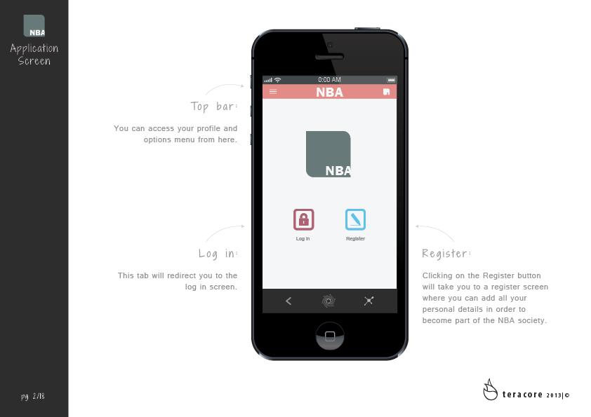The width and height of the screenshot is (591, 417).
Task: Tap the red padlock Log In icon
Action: [x=303, y=219]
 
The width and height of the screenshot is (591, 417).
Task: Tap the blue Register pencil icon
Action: [x=355, y=219]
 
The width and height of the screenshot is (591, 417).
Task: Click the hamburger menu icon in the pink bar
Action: [x=273, y=91]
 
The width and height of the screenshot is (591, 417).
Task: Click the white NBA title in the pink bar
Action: [x=329, y=93]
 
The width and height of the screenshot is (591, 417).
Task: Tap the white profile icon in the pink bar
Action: [x=386, y=92]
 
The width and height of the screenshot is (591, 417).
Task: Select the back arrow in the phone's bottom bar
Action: [x=288, y=301]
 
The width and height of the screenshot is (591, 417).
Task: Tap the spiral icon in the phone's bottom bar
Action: [x=328, y=301]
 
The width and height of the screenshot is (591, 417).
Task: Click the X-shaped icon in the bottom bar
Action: [x=368, y=301]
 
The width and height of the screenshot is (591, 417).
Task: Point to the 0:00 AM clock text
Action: [x=329, y=80]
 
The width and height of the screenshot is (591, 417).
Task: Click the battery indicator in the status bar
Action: [x=391, y=80]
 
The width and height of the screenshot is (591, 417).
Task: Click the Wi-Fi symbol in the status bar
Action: [x=278, y=80]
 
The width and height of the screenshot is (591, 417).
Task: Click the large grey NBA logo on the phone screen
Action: [x=328, y=154]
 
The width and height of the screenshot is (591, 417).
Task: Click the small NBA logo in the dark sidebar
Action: [x=34, y=26]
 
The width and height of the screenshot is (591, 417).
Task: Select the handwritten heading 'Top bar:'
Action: [x=213, y=107]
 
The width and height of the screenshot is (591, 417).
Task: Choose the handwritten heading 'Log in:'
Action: [x=218, y=254]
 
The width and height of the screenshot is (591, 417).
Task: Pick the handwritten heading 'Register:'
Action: [x=446, y=253]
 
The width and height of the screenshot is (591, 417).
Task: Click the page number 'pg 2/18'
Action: [x=33, y=396]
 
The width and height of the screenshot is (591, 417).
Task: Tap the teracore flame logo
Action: [x=490, y=390]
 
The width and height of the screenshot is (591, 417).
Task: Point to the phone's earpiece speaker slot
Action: [x=329, y=57]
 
